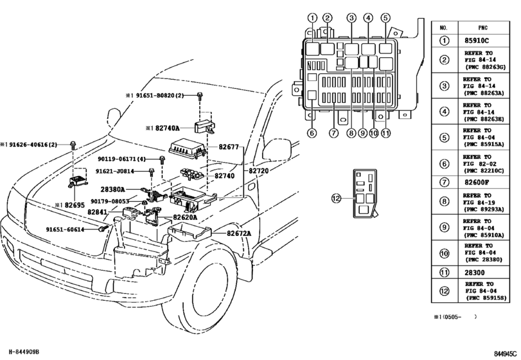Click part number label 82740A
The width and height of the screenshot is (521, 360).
[166, 129]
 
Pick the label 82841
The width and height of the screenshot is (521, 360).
[98, 212]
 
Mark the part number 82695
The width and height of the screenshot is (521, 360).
[73, 205]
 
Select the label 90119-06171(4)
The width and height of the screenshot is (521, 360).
[121, 159]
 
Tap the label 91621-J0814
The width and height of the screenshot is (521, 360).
[116, 172]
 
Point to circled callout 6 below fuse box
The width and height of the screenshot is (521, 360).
[312, 134]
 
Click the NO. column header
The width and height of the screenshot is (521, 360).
[443, 28]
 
